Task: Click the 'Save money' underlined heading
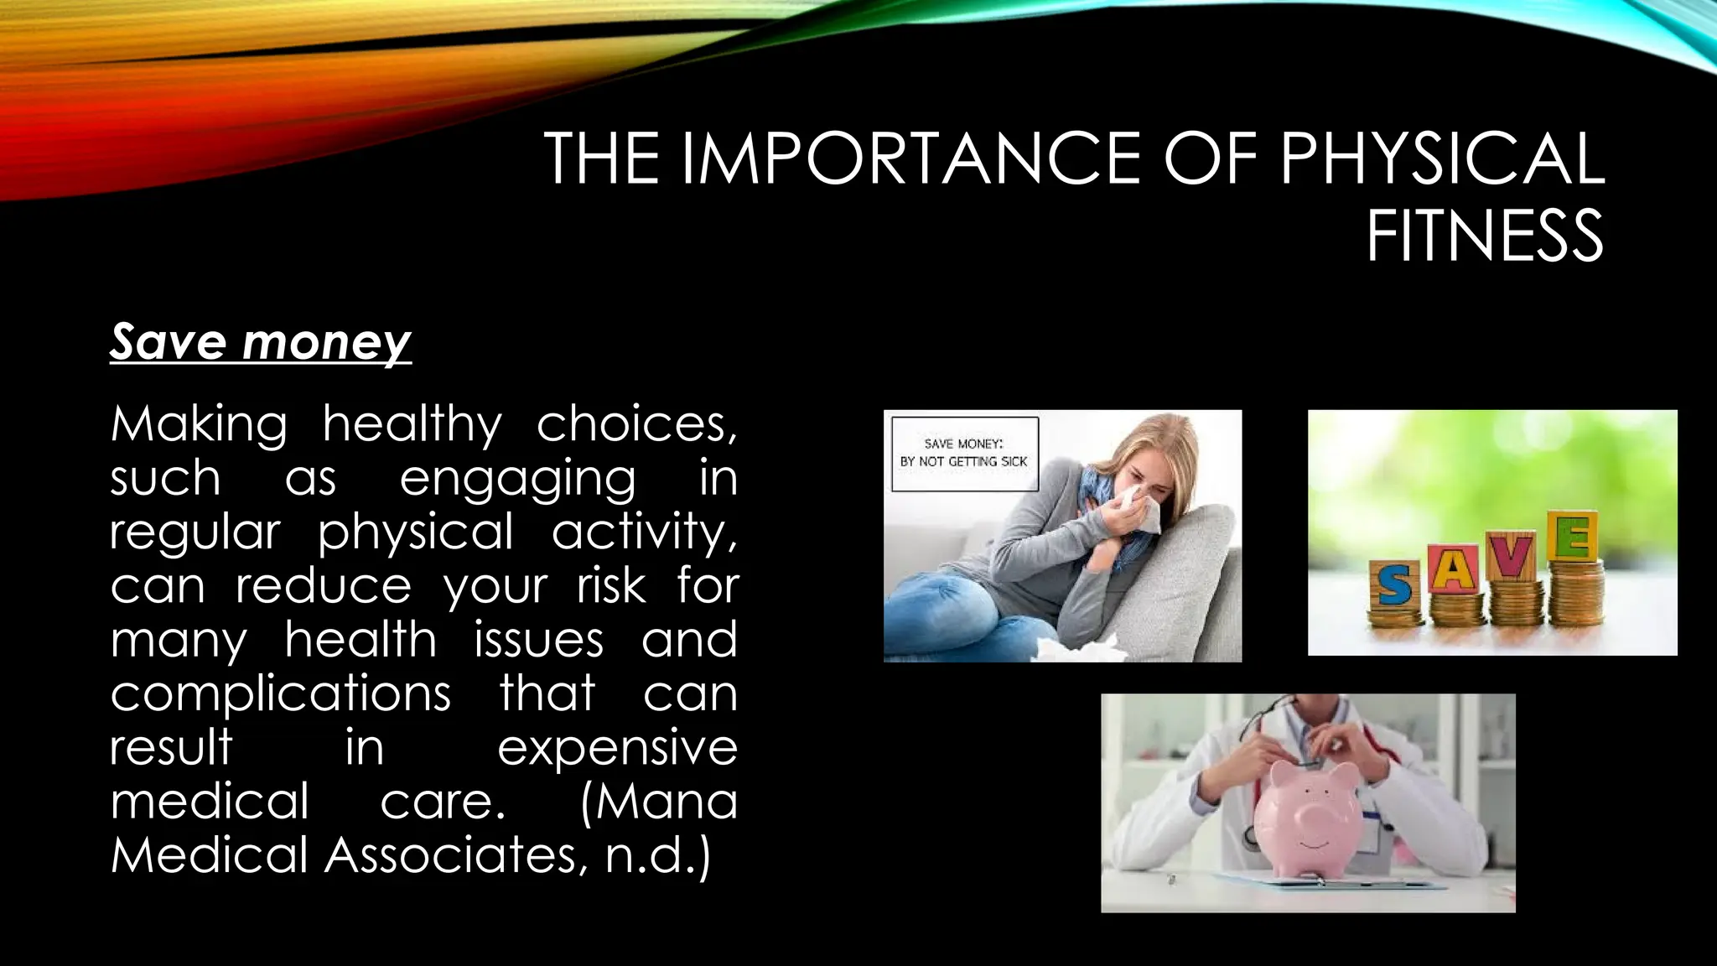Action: point(260,342)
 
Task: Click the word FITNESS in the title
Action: point(1485,236)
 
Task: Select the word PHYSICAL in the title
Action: point(1442,158)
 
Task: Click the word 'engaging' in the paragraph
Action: point(517,480)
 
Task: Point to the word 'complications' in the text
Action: point(281,694)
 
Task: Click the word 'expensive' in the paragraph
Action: point(617,748)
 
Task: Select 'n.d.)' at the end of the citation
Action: point(658,855)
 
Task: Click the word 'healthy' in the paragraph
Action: point(412,425)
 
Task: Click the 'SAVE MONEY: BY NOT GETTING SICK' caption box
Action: point(964,453)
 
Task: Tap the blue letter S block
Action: point(1394,585)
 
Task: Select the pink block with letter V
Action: point(1513,556)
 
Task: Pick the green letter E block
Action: point(1573,538)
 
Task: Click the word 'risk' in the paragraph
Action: point(611,586)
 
